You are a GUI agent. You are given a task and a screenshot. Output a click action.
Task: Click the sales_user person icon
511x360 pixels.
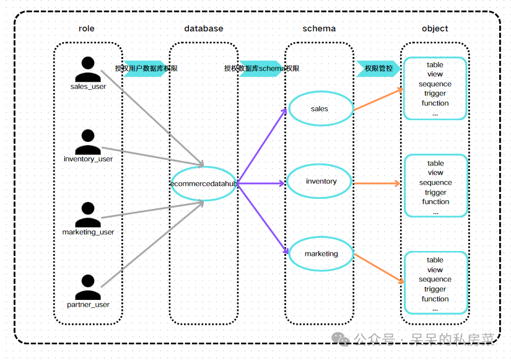coord(88,69)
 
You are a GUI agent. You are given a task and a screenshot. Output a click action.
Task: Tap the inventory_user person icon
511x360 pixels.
coord(88,142)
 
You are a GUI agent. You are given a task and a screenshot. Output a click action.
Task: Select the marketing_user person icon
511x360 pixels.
coord(88,214)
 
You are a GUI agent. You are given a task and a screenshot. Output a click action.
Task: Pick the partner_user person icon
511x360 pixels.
coord(88,287)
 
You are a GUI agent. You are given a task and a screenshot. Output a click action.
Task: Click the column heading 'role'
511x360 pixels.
coord(86,29)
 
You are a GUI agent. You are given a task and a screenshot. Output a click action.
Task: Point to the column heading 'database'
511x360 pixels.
coord(204,29)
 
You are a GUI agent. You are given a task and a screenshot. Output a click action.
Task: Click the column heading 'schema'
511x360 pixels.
coord(319,29)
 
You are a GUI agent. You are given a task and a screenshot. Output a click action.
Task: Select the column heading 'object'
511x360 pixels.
coord(435,29)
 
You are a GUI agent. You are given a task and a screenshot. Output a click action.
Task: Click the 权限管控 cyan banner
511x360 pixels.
coord(378,69)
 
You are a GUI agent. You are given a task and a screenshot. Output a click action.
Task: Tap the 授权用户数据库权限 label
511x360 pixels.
coord(146,69)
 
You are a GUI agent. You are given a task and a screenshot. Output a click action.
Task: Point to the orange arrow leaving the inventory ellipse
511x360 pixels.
coord(377,183)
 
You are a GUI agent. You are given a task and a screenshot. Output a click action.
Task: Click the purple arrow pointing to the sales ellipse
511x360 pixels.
coord(262,146)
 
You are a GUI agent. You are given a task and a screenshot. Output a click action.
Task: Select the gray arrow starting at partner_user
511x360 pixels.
coord(152,244)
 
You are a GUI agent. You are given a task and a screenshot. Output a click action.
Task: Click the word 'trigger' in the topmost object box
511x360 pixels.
coord(435,94)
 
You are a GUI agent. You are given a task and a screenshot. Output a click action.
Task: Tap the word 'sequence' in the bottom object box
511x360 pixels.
coord(435,279)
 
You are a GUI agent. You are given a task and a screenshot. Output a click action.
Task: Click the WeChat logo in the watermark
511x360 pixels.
coord(341,339)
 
